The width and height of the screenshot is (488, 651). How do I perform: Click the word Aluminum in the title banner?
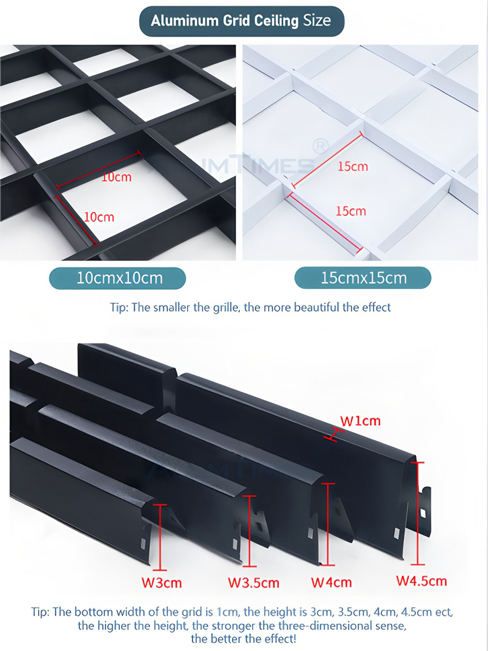pyautogui.click(x=184, y=21)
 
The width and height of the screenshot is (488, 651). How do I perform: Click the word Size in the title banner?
pyautogui.click(x=317, y=21)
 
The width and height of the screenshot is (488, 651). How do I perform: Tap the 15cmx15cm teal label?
pyautogui.click(x=363, y=278)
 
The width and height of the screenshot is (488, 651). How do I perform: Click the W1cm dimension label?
pyautogui.click(x=360, y=421)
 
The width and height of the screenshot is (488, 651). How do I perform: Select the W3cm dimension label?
pyautogui.click(x=162, y=583)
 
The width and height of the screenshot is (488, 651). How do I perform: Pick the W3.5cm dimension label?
pyautogui.click(x=253, y=583)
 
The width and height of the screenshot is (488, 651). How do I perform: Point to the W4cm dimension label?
pyautogui.click(x=331, y=582)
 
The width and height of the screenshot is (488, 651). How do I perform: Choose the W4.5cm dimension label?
pyautogui.click(x=421, y=581)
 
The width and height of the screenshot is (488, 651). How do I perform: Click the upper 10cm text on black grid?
pyautogui.click(x=116, y=177)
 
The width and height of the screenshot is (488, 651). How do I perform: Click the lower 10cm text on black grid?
pyautogui.click(x=99, y=217)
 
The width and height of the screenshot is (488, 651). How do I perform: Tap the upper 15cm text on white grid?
pyautogui.click(x=353, y=167)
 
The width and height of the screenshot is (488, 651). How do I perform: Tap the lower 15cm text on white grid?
pyautogui.click(x=351, y=211)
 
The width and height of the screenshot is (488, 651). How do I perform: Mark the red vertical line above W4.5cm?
pyautogui.click(x=417, y=513)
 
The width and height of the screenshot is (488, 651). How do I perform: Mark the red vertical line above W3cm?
pyautogui.click(x=160, y=537)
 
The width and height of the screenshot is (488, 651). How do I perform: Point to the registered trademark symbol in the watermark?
pyautogui.click(x=320, y=146)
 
